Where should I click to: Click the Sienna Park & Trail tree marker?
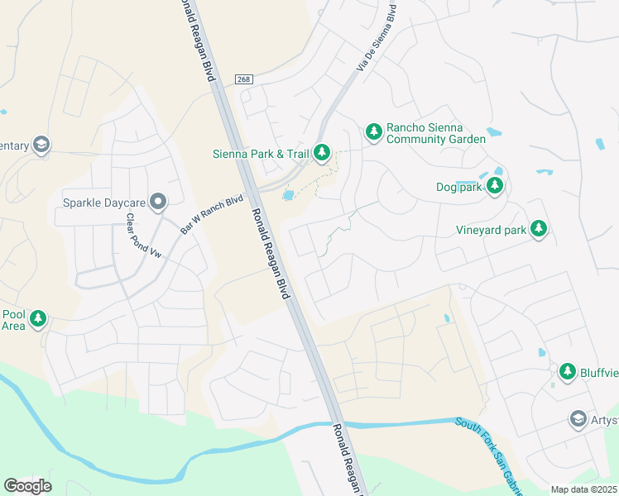322,153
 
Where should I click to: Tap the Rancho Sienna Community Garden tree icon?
373,131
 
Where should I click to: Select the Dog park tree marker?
495,186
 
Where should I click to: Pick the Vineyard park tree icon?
539,228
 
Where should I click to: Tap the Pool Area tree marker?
38,319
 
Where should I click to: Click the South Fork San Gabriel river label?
490,446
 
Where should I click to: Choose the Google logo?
27,485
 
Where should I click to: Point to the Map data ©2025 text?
583,489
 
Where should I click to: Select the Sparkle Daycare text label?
105,202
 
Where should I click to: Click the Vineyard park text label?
491,230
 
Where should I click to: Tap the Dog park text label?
458,187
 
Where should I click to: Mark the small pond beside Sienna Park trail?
288,195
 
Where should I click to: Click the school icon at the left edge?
41,145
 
